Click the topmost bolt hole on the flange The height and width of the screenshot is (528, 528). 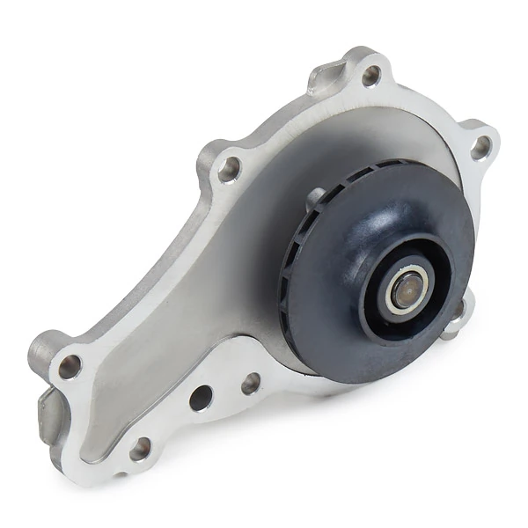[x=370, y=75]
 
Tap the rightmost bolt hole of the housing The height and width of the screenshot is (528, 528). [x=480, y=146]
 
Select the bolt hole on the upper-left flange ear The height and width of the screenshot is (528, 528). [x=229, y=168]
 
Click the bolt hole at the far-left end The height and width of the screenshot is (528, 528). [x=70, y=365]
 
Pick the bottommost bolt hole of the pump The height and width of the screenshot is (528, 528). [x=140, y=450]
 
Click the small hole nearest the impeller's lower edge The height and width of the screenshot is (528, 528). [x=251, y=383]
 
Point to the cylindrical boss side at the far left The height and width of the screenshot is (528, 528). [x=40, y=352]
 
